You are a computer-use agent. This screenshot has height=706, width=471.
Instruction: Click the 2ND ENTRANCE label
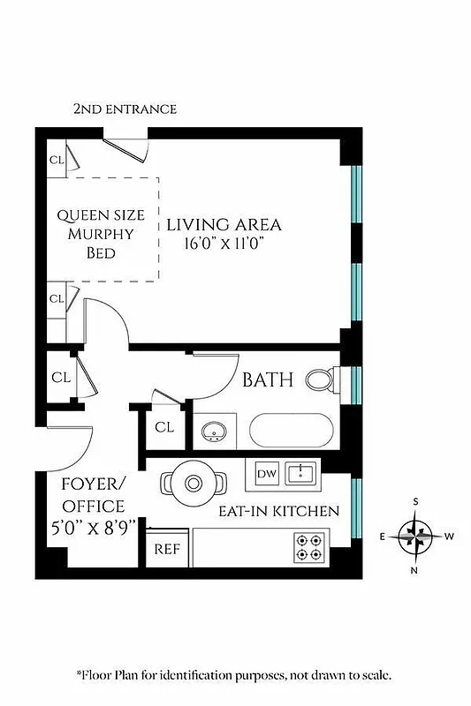(125, 109)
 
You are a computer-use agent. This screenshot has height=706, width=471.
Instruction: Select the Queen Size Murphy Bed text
(96, 234)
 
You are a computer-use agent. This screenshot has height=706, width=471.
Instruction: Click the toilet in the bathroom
(320, 380)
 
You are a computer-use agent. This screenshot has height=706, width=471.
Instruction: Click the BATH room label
(269, 381)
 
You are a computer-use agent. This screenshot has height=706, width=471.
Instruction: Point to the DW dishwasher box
(266, 474)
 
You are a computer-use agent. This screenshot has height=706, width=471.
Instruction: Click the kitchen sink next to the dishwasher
(302, 475)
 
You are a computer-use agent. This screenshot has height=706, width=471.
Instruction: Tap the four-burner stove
(312, 547)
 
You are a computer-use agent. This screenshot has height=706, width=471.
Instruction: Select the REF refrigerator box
(167, 548)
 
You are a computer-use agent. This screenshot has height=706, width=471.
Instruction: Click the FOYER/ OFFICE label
(93, 495)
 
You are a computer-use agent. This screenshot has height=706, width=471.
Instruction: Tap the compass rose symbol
(414, 536)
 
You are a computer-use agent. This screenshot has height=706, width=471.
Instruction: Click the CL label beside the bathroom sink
(164, 427)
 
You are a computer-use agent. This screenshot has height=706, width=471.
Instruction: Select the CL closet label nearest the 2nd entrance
(57, 161)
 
